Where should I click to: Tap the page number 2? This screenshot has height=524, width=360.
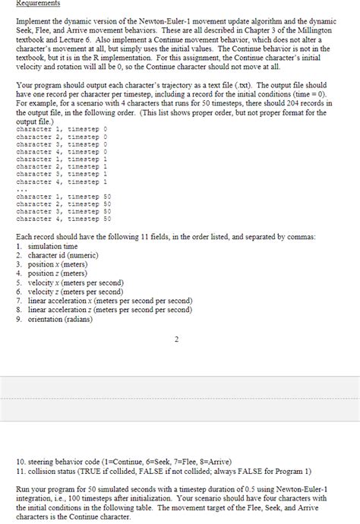[176, 339]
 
